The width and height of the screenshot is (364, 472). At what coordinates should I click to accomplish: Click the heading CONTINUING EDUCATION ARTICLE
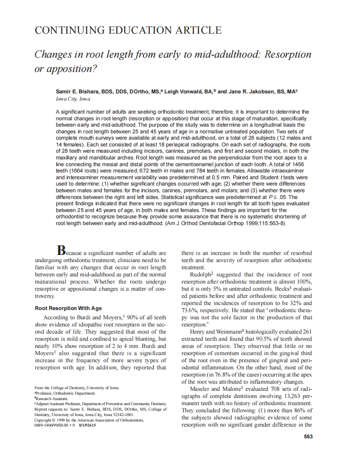(x=128, y=30)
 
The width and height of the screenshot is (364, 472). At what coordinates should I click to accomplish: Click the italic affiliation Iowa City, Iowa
(x=73, y=99)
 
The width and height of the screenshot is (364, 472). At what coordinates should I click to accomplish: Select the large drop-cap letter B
(x=61, y=251)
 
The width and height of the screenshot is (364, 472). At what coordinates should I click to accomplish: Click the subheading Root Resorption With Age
(x=68, y=308)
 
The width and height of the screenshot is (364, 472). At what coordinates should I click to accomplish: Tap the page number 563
(x=308, y=437)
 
